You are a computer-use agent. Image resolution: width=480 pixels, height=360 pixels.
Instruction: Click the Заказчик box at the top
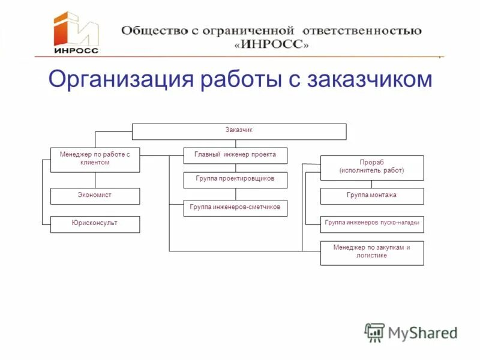pos(239,131)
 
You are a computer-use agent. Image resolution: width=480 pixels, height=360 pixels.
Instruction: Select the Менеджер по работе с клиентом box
pos(95,160)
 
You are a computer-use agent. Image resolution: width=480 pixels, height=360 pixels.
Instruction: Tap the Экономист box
pos(95,196)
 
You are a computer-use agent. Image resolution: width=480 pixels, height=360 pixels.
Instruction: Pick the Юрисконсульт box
pos(95,224)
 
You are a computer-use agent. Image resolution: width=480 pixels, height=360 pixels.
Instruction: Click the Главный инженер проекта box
pos(235,155)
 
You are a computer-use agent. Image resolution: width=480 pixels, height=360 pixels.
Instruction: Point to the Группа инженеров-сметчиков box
pos(235,208)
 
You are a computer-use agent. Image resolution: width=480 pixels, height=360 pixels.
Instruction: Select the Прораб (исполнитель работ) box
pos(372,167)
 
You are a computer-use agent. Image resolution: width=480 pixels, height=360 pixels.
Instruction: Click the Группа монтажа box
pos(372,196)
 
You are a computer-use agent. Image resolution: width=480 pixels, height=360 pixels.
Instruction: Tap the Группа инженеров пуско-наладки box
pos(372,224)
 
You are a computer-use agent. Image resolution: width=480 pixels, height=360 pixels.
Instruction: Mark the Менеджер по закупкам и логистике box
pos(372,253)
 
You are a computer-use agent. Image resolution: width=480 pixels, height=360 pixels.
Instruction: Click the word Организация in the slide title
pos(118,80)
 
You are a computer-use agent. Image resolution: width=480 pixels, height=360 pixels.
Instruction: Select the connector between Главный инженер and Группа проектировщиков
pos(235,168)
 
